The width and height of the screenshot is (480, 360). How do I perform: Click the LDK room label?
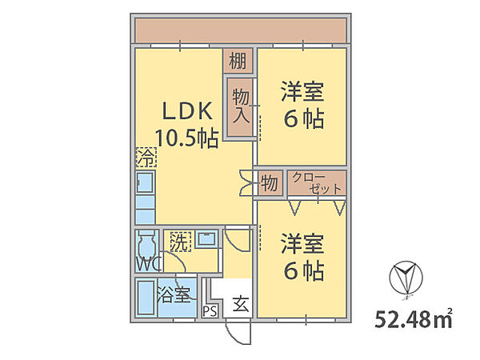pyautogui.click(x=187, y=111)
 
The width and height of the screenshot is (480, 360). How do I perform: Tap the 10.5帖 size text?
pyautogui.click(x=187, y=138)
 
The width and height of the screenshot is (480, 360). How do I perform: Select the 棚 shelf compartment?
pyautogui.click(x=238, y=61)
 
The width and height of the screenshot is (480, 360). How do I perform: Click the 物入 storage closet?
pyautogui.click(x=240, y=107)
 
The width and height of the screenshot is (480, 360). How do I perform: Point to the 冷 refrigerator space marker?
pyautogui.click(x=146, y=157)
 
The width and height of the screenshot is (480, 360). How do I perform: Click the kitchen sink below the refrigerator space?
pyautogui.click(x=145, y=182)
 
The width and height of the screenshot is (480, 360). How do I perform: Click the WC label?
pyautogui.click(x=149, y=264)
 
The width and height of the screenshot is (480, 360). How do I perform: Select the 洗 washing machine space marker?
pyautogui.click(x=181, y=242)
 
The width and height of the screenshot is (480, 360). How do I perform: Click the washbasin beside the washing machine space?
pyautogui.click(x=206, y=238)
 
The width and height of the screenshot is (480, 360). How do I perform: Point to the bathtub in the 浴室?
pyautogui.click(x=146, y=298)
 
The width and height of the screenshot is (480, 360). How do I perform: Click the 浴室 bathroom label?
pyautogui.click(x=174, y=294)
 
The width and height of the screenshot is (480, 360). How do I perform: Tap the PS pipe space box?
pyautogui.click(x=210, y=311)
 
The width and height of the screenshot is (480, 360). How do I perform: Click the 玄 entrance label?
pyautogui.click(x=241, y=304)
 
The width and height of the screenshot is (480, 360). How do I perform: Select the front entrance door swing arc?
pyautogui.click(x=238, y=332)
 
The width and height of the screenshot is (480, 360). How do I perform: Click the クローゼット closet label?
pyautogui.click(x=317, y=183)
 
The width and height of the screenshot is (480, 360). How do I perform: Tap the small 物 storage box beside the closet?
pyautogui.click(x=269, y=183)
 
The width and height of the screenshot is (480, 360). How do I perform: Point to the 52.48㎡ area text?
pyautogui.click(x=414, y=318)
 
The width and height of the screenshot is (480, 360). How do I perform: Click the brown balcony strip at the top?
pyautogui.click(x=241, y=30)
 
